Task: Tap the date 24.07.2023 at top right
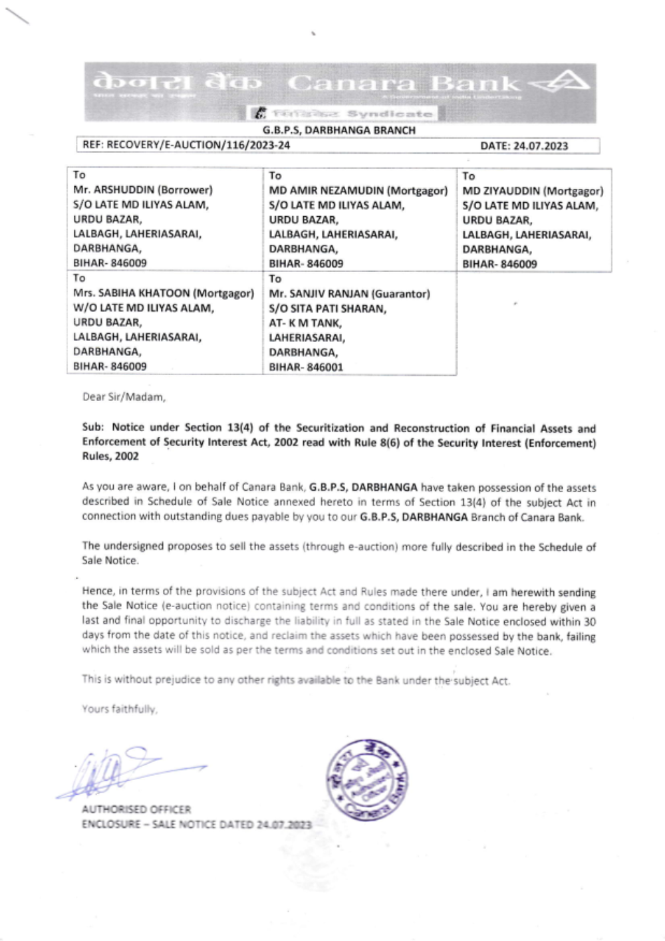pyautogui.click(x=524, y=146)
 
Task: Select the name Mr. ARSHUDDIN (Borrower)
pyautogui.click(x=143, y=190)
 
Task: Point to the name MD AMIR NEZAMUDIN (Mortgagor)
pyautogui.click(x=358, y=191)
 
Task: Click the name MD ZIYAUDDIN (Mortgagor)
pyautogui.click(x=533, y=192)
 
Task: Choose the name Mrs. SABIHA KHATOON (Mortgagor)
pyautogui.click(x=164, y=293)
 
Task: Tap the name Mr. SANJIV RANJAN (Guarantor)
pyautogui.click(x=349, y=294)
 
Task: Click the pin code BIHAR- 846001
pyautogui.click(x=306, y=367)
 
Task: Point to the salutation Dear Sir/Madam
pyautogui.click(x=124, y=397)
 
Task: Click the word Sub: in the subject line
pyautogui.click(x=94, y=428)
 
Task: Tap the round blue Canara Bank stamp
pyautogui.click(x=367, y=780)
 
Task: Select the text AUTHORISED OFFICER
pyautogui.click(x=136, y=809)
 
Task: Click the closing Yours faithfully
pyautogui.click(x=120, y=709)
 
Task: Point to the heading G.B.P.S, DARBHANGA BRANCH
pyautogui.click(x=338, y=130)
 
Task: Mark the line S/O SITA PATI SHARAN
pyautogui.click(x=327, y=309)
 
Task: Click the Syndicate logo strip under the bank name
pyautogui.click(x=343, y=114)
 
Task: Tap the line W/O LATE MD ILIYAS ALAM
pyautogui.click(x=144, y=308)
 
